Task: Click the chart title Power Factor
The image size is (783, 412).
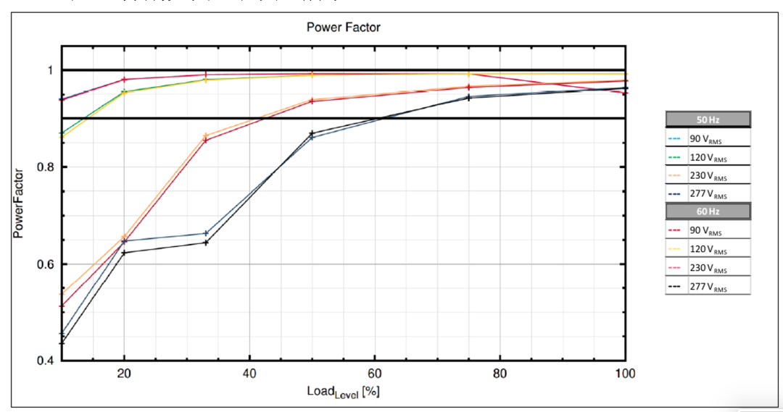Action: (343, 28)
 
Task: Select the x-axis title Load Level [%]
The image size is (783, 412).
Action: (343, 391)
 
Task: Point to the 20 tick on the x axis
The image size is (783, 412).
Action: (124, 374)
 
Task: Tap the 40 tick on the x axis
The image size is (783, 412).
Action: (249, 374)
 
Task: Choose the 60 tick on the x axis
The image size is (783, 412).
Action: (375, 374)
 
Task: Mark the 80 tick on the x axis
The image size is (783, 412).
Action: (500, 374)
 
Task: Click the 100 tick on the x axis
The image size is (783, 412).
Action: (624, 374)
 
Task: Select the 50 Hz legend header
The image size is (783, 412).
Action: (708, 119)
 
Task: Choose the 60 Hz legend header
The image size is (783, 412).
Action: (708, 211)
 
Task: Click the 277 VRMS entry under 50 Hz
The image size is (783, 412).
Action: (708, 193)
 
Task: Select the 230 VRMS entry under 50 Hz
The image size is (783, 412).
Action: (708, 175)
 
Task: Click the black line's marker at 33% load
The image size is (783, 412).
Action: (206, 243)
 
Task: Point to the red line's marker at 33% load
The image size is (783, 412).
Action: (206, 140)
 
